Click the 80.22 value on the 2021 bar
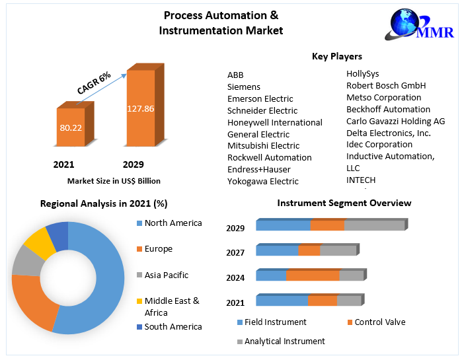(x=71, y=127)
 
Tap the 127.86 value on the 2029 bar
(x=141, y=108)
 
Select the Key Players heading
(x=336, y=57)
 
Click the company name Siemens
(x=244, y=87)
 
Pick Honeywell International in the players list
(x=275, y=122)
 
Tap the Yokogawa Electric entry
(x=263, y=181)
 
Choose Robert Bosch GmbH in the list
(x=386, y=85)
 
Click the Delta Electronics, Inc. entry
(x=389, y=133)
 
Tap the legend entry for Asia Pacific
(x=167, y=275)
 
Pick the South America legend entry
(x=173, y=326)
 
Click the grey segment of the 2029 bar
(x=374, y=225)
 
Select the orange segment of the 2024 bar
(x=313, y=275)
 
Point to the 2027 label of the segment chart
(x=235, y=253)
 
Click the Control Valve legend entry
(x=380, y=322)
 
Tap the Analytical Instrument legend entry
(x=284, y=342)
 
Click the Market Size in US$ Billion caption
(x=114, y=180)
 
